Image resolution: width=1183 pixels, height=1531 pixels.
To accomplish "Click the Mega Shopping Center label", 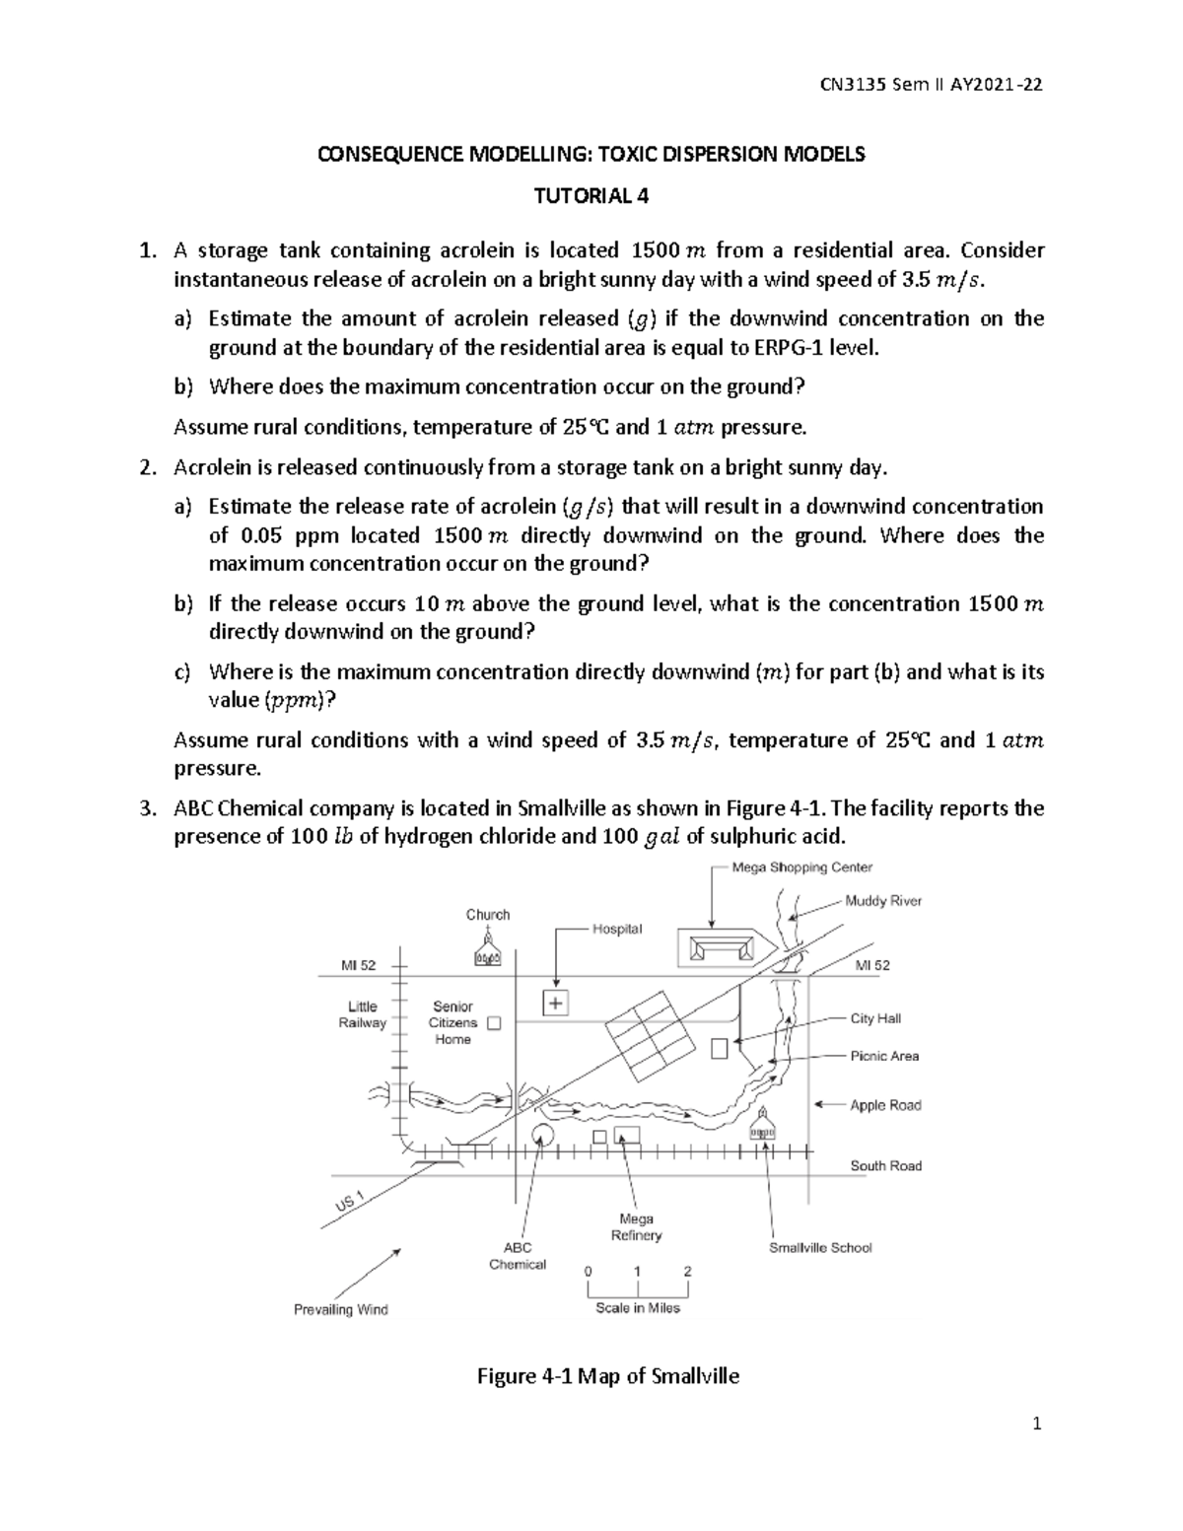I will pyautogui.click(x=801, y=868).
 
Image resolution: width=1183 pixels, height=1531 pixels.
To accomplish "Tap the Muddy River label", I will pyautogui.click(x=883, y=900).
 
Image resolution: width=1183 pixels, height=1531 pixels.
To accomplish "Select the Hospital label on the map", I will pyautogui.click(x=616, y=929).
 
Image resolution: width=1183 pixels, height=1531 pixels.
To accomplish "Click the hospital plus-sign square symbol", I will pyautogui.click(x=557, y=1004).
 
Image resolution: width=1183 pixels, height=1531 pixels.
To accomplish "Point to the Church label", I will pyautogui.click(x=488, y=915).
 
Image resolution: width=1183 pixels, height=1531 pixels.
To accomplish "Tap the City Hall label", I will pyautogui.click(x=875, y=1018).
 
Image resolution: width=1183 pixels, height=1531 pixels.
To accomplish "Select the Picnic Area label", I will pyautogui.click(x=884, y=1056).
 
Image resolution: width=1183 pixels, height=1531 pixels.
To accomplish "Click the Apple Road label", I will pyautogui.click(x=885, y=1105).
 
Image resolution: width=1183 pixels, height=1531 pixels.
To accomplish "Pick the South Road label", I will pyautogui.click(x=885, y=1165).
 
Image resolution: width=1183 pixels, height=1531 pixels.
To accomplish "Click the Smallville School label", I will pyautogui.click(x=820, y=1247).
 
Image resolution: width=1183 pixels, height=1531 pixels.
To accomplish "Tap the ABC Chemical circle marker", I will pyautogui.click(x=541, y=1134).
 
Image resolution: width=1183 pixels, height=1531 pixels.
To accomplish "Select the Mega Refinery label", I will pyautogui.click(x=636, y=1226).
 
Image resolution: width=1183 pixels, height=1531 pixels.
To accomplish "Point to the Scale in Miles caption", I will pyautogui.click(x=637, y=1307).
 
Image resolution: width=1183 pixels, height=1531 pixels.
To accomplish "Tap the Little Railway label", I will pyautogui.click(x=362, y=1014).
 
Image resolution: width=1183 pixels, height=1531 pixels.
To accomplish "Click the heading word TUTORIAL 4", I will pyautogui.click(x=591, y=195).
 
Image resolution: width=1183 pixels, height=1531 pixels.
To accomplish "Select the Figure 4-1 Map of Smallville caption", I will pyautogui.click(x=607, y=1376).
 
